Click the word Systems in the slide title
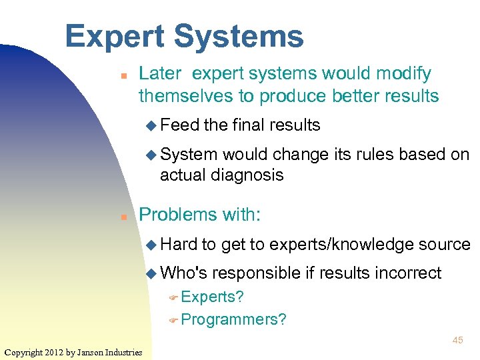click(x=238, y=37)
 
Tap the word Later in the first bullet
click(x=159, y=73)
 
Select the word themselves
click(x=186, y=96)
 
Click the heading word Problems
click(x=177, y=215)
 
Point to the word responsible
click(x=264, y=273)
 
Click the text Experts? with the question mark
click(x=212, y=297)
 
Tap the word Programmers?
click(x=233, y=319)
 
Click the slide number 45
click(x=457, y=340)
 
